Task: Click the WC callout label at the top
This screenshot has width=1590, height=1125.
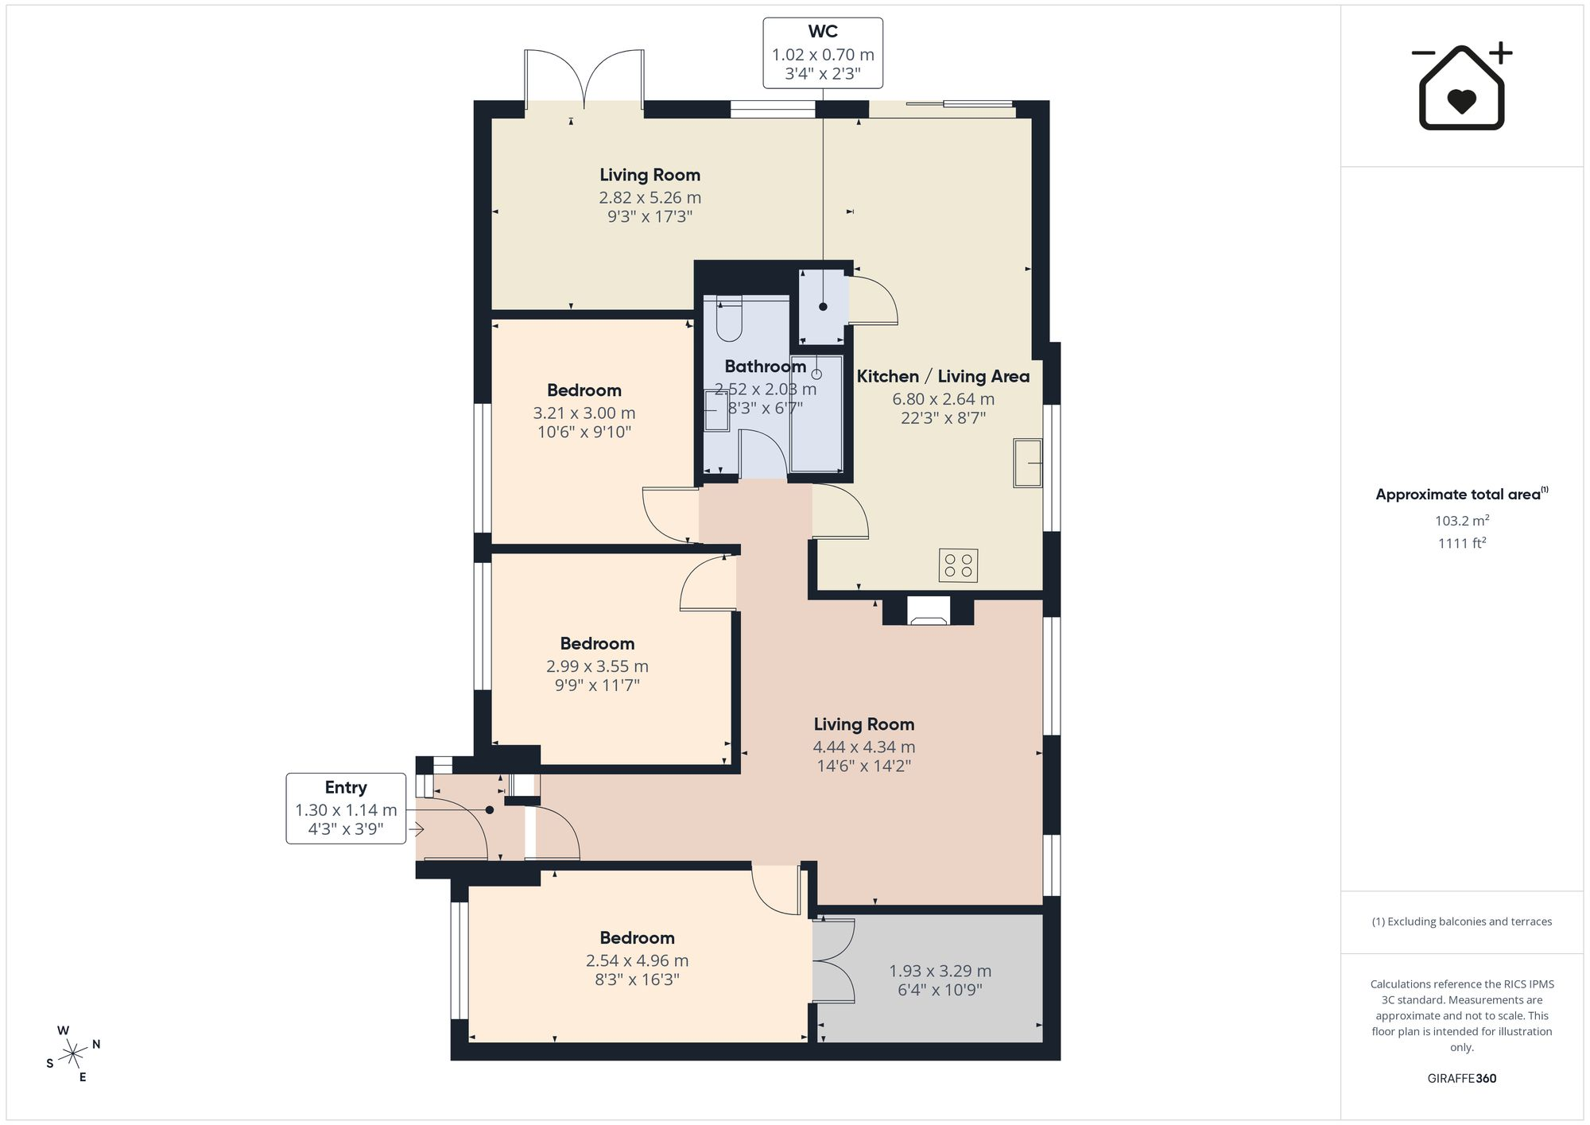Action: (823, 52)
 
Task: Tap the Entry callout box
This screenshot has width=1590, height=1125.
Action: (346, 808)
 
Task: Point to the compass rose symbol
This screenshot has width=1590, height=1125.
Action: (73, 1054)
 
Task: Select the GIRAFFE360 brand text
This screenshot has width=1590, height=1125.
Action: (1462, 1079)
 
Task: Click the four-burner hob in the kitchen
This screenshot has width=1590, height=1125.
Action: (958, 565)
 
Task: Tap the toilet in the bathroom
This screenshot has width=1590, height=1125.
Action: (729, 319)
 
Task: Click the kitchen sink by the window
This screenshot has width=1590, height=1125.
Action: (1027, 463)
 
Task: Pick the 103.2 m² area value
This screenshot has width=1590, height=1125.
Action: (1462, 521)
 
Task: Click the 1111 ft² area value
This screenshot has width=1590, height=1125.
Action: (1462, 543)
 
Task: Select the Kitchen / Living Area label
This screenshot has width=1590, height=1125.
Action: (943, 376)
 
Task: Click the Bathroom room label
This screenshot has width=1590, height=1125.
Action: (766, 367)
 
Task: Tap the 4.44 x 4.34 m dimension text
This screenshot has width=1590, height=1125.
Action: (864, 747)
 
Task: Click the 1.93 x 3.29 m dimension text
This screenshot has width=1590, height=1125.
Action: (940, 971)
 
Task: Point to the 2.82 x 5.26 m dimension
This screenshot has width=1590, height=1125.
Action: (650, 197)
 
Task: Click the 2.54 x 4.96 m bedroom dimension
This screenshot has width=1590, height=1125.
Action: (638, 960)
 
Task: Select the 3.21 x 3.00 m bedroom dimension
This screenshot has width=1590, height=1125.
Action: (584, 413)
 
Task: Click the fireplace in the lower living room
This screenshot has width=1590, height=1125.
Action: (929, 610)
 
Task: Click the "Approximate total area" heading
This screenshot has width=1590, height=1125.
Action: (1462, 494)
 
